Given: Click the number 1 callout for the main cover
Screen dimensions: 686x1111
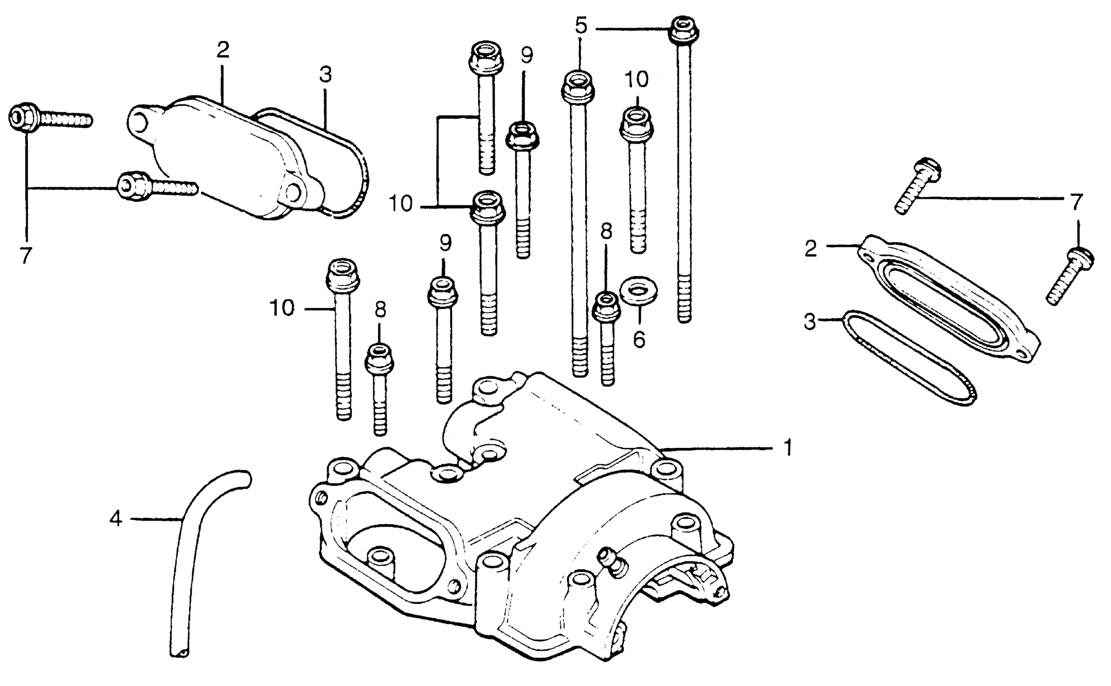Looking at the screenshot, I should point(789,448).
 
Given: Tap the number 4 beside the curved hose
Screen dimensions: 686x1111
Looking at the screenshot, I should point(116,519).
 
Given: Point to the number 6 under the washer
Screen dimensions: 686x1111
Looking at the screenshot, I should point(639,339).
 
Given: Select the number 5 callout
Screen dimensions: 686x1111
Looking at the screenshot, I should point(581,25).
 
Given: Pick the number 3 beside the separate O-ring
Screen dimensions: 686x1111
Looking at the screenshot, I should point(811,322).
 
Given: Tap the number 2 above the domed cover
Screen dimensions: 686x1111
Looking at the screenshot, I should point(223,50).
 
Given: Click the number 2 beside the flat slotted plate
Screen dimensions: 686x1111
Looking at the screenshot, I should point(811,249).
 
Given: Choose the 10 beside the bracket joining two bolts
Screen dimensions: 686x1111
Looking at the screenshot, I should point(401,204).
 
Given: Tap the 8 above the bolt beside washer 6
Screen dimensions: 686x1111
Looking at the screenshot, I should point(606,231).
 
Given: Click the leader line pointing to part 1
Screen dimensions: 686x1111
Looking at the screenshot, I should point(717,449).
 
